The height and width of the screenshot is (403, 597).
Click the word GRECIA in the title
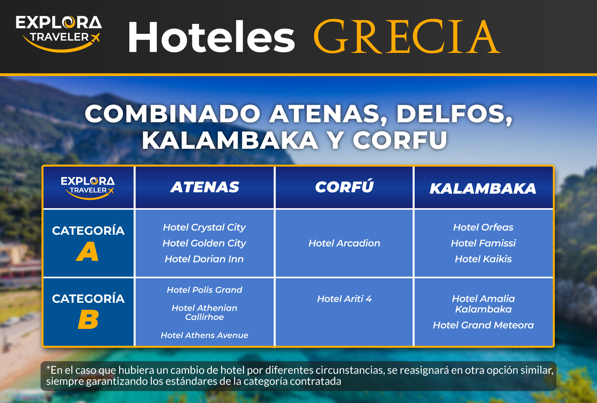[x=407, y=37]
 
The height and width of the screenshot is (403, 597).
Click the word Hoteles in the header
[x=211, y=37]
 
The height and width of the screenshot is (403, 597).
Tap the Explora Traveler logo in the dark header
[x=59, y=33]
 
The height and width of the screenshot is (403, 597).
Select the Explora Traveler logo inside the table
[x=88, y=187]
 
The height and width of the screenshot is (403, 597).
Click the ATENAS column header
[x=205, y=187]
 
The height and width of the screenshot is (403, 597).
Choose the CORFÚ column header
[x=344, y=187]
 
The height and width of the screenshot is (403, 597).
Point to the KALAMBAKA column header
[x=483, y=189]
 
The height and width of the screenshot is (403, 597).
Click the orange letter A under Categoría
[x=87, y=252]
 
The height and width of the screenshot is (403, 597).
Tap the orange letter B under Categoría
[x=88, y=320]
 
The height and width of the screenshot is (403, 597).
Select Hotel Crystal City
[x=204, y=227]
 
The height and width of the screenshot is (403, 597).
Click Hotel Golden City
[x=204, y=243]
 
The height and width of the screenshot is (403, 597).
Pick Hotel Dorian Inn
[x=204, y=259]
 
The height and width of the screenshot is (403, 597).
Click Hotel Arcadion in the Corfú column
[x=344, y=243]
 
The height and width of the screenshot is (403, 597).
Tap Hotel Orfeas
[x=483, y=227]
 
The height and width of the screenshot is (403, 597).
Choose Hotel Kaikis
[x=483, y=259]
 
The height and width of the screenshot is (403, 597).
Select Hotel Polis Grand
[x=204, y=290]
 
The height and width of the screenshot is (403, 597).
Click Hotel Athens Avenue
[x=204, y=335]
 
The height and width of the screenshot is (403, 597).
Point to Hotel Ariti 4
[x=344, y=299]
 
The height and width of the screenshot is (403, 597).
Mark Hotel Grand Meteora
[x=483, y=325]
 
